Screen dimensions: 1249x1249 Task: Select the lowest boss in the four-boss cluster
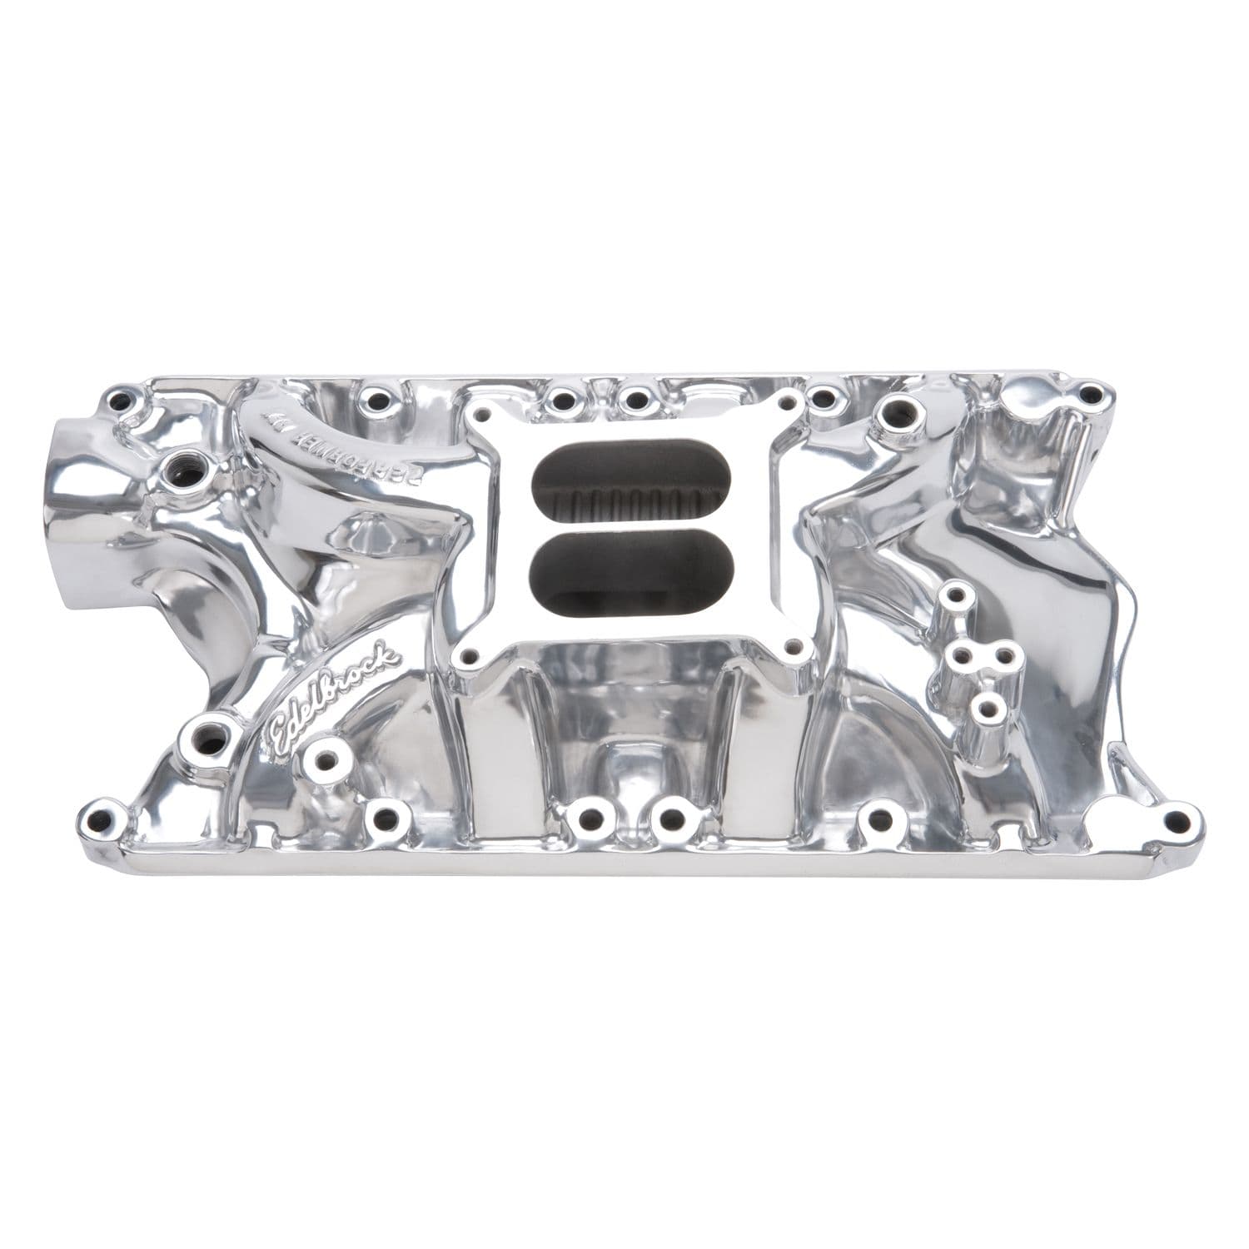pos(988,709)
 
